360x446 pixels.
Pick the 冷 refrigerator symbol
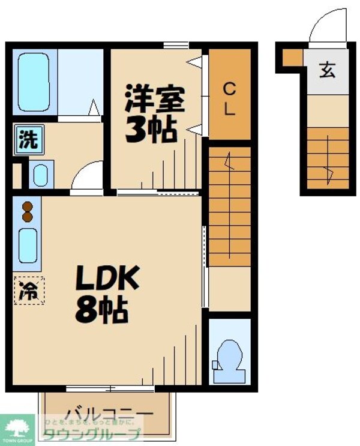(28, 291)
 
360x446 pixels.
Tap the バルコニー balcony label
(109, 414)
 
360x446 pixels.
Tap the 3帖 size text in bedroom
(150, 128)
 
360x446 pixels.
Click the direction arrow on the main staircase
(227, 161)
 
